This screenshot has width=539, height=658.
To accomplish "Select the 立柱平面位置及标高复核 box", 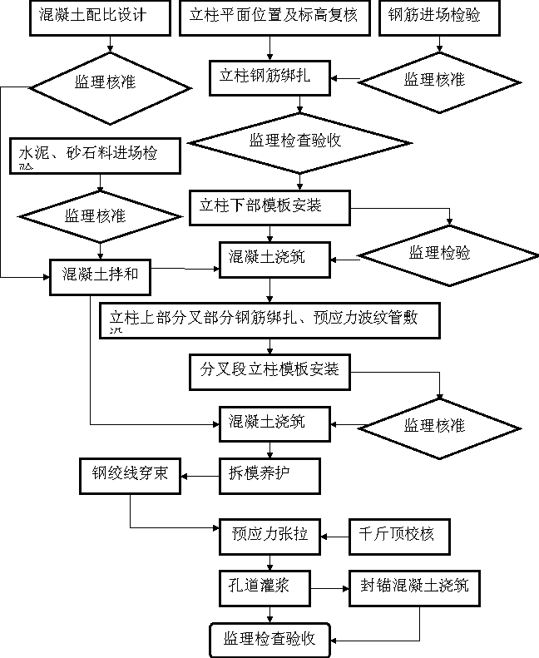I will [x=274, y=17].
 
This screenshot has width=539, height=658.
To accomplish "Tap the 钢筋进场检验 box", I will [x=439, y=17].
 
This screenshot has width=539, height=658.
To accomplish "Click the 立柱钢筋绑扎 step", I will [x=269, y=77].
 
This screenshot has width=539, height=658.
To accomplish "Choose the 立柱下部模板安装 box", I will [x=269, y=207].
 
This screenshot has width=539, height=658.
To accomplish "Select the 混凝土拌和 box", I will [x=100, y=275].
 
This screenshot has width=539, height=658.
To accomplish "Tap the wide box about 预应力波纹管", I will [x=269, y=320].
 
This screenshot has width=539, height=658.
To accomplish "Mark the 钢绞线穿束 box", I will [x=130, y=475].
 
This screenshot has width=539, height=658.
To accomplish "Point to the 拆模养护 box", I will [x=269, y=475].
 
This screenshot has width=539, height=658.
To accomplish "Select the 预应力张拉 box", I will [x=269, y=536].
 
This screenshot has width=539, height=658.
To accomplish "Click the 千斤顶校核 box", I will [x=398, y=536].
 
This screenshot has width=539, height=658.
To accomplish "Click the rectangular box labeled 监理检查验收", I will [x=269, y=640].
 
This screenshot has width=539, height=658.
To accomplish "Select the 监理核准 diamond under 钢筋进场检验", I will [x=438, y=81].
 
